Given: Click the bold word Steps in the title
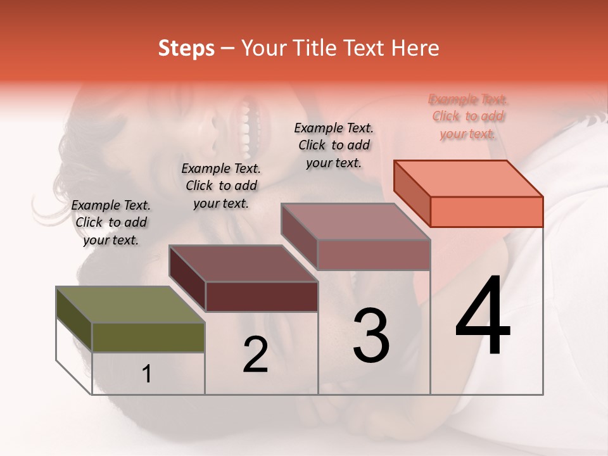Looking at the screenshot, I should tap(186, 49).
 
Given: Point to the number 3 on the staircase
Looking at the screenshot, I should tap(371, 335).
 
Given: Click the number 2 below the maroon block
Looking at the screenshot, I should tap(255, 354).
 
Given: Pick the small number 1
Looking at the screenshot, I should tap(147, 374).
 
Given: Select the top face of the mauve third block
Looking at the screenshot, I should tap(355, 222).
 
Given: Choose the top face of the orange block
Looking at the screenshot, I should tap(468, 179).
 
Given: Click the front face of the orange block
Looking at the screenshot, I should tap(486, 212).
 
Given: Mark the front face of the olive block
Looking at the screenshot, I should tap(148, 337).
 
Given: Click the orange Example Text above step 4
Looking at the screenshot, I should tap(468, 117).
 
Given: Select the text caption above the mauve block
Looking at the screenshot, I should tap(334, 145).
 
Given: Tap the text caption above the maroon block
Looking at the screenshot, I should tap(221, 186).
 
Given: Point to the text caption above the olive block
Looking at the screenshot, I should tap(111, 222).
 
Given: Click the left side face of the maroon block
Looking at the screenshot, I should tap(187, 279).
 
